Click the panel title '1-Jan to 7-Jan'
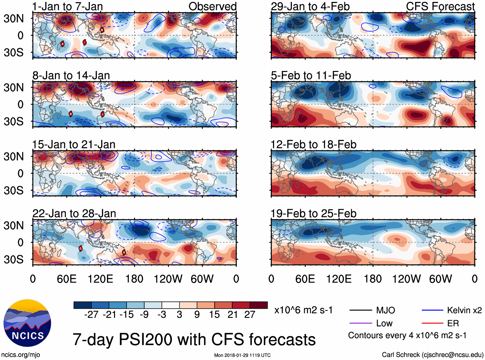tap(67, 6)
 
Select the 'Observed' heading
tap(212, 6)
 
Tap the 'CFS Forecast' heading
tap(440, 6)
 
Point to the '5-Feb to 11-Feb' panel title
tap(311, 75)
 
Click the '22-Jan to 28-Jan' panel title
tap(74, 214)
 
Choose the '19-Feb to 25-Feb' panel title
tap(313, 214)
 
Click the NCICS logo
tap(27, 323)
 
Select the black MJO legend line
tap(360, 310)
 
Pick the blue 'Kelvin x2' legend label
tap(464, 310)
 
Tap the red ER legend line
tap(432, 323)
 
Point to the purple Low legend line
tap(360, 323)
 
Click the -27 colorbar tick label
tap(91, 315)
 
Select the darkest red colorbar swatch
tap(259, 305)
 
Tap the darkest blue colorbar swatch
tap(83, 305)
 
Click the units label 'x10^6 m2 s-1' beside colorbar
tap(304, 310)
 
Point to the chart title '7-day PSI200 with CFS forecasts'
tap(194, 339)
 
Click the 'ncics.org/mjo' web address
tap(21, 355)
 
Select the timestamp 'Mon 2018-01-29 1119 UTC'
tap(242, 355)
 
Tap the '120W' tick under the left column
tap(168, 279)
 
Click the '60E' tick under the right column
tap(305, 279)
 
